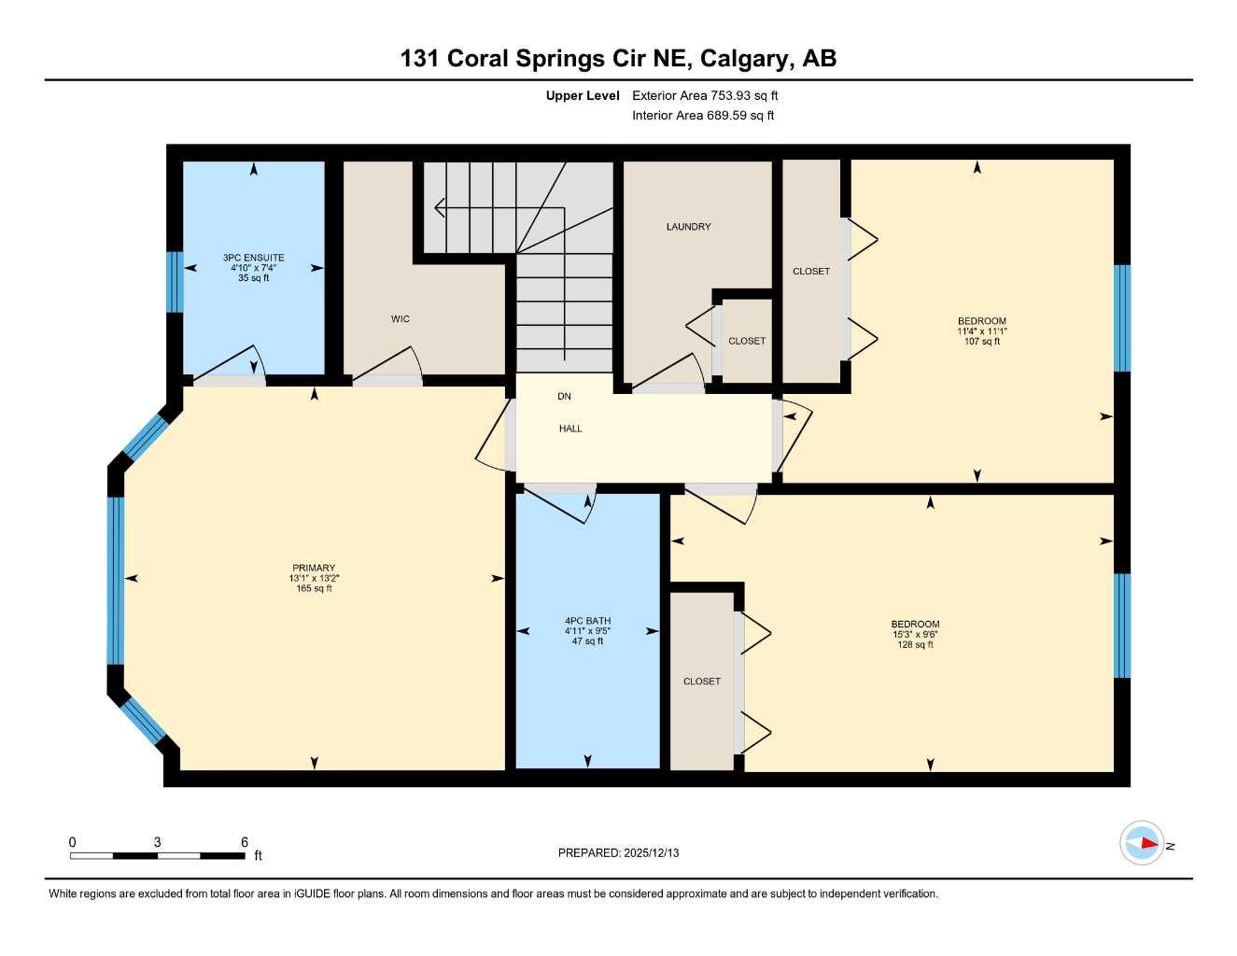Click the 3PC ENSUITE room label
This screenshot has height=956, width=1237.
click(253, 258)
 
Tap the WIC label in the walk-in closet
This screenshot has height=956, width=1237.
click(401, 319)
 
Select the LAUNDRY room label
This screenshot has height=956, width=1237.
click(688, 227)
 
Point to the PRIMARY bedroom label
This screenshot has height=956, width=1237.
click(314, 568)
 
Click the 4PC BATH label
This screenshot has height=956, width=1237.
click(587, 621)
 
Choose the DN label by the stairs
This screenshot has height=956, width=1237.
click(564, 397)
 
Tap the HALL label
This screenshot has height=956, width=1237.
click(570, 429)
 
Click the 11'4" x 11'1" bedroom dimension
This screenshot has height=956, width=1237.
click(981, 331)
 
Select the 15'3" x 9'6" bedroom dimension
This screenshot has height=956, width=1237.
click(915, 635)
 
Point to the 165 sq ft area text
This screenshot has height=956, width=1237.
click(314, 589)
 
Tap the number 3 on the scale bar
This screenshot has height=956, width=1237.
click(157, 842)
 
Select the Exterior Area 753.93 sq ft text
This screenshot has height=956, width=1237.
click(705, 95)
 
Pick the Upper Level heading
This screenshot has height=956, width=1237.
click(583, 95)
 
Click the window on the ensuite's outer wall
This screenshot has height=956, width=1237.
click(174, 282)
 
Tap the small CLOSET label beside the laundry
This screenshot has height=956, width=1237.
click(747, 341)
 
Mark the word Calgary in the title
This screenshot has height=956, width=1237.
click(743, 58)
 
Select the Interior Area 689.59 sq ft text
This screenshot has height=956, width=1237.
click(703, 116)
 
